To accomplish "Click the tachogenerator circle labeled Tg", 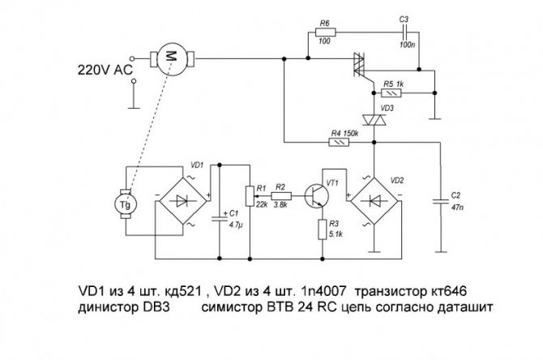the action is click(x=126, y=204).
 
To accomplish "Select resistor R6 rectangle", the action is click(x=326, y=32).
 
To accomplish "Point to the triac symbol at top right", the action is click(x=359, y=64).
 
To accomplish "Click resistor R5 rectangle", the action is click(x=391, y=93).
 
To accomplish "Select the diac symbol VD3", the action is click(x=374, y=120).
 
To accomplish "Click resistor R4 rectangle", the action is click(x=339, y=142).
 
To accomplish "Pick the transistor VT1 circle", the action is click(x=317, y=196).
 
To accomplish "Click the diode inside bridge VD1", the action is click(x=182, y=200).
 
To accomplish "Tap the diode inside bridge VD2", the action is click(x=375, y=200).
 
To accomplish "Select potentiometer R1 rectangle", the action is click(x=250, y=196).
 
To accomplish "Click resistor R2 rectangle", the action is click(x=281, y=196).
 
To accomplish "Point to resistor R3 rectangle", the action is click(x=323, y=229).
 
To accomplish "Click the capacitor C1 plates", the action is click(x=219, y=218).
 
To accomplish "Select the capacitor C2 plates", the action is click(x=441, y=201).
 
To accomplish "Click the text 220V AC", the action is click(x=105, y=70).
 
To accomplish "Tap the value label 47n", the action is click(x=458, y=208).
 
